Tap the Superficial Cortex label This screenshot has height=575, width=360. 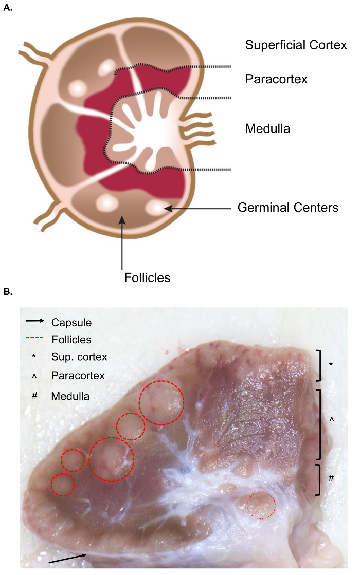click(x=296, y=45)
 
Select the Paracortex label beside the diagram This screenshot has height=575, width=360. click(x=276, y=79)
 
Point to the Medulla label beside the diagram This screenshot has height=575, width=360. click(x=267, y=128)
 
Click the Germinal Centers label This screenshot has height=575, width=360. click(x=287, y=208)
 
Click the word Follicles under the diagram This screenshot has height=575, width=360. click(x=147, y=278)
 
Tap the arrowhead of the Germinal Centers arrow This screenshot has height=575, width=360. click(x=167, y=208)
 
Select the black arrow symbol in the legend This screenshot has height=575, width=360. click(x=34, y=322)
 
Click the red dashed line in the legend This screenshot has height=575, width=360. click(x=34, y=339)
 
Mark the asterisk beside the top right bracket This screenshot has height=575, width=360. click(x=331, y=364)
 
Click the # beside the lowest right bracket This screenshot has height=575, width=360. click(x=331, y=478)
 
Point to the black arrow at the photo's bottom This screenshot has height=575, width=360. click(x=70, y=559)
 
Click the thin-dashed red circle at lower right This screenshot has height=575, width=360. click(x=261, y=505)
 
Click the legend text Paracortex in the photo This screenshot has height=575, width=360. click(x=78, y=376)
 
